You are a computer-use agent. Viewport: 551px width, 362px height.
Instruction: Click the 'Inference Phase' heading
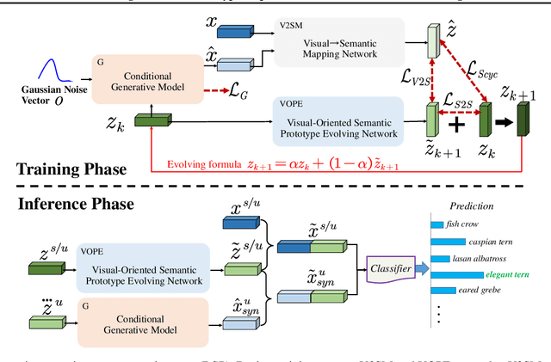tap(75, 206)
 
